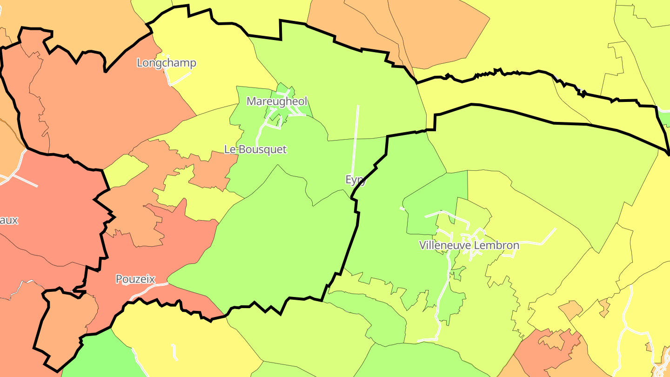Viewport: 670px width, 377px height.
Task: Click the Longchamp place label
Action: click(166, 63)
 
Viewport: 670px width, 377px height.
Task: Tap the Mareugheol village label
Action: click(277, 101)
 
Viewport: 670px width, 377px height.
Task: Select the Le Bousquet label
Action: click(255, 149)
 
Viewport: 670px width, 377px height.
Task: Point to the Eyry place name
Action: click(355, 180)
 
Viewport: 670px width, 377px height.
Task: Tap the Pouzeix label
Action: click(135, 279)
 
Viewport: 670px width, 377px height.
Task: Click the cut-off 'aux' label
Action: click(8, 220)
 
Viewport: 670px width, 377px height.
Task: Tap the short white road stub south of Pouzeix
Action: click(175, 352)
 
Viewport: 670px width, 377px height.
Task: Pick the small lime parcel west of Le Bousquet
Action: click(123, 170)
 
